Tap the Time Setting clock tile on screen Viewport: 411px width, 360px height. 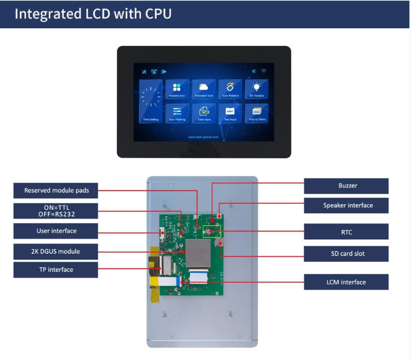(151, 101)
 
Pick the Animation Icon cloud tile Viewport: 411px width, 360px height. (204, 89)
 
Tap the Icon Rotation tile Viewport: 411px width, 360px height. (230, 89)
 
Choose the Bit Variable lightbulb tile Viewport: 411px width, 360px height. (257, 89)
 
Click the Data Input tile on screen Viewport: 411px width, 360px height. (204, 113)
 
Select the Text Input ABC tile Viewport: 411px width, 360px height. (230, 113)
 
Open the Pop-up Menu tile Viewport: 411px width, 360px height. (257, 113)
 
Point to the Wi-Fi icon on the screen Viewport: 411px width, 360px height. (263, 71)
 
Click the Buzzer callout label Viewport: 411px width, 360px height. (347, 186)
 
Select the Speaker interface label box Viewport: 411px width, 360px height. (347, 205)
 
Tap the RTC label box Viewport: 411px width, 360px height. (347, 232)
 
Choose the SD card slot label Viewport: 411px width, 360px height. (347, 253)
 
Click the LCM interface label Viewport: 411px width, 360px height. (347, 282)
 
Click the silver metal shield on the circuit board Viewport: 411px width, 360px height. (198, 253)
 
